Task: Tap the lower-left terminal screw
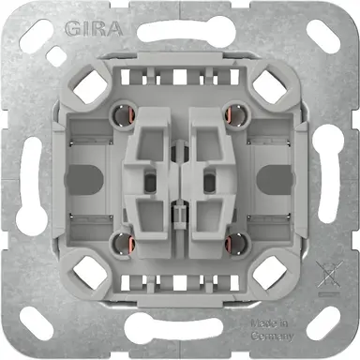coord(118,241)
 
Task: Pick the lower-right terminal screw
coord(241,241)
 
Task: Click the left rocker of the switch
coord(153,179)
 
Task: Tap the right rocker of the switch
coord(207,179)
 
